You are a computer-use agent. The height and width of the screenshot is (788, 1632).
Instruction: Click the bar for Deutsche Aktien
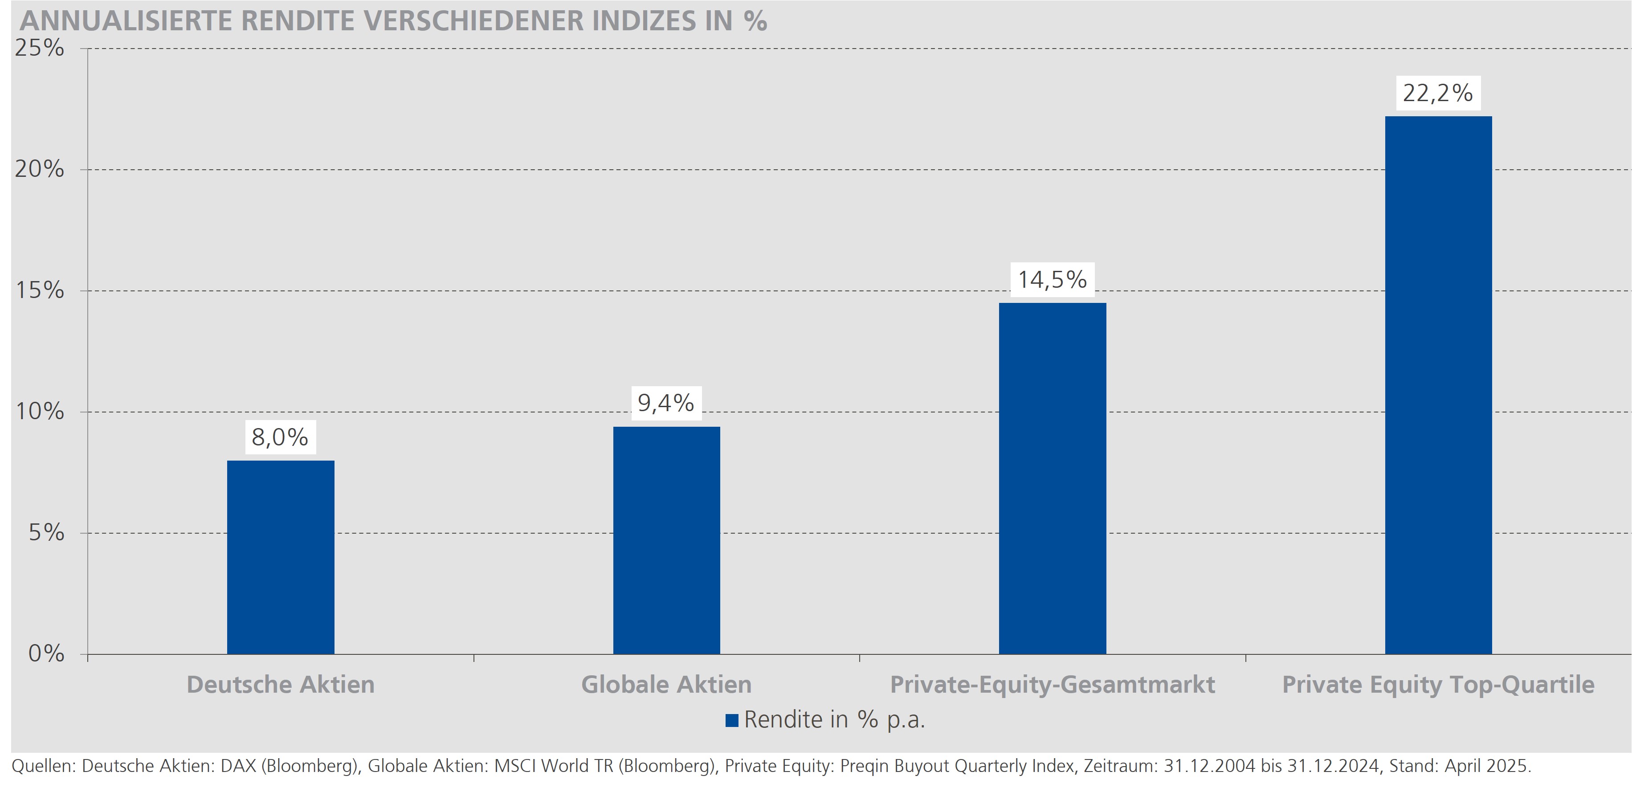(x=280, y=557)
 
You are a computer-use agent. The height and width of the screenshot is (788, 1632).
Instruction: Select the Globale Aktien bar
(x=666, y=540)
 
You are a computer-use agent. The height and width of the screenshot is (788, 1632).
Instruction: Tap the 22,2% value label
(x=1437, y=93)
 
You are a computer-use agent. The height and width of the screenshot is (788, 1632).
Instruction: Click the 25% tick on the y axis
(x=39, y=48)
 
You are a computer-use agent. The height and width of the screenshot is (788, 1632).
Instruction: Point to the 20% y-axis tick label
(x=39, y=169)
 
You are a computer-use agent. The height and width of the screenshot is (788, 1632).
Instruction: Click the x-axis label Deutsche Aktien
(x=280, y=685)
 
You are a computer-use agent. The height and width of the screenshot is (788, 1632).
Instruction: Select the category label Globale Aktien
(x=666, y=685)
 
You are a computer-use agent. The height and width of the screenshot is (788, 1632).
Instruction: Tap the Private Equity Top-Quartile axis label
(x=1437, y=685)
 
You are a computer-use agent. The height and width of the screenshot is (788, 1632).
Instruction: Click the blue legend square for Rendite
(x=732, y=720)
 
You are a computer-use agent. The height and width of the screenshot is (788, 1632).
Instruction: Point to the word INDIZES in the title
(x=641, y=21)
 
